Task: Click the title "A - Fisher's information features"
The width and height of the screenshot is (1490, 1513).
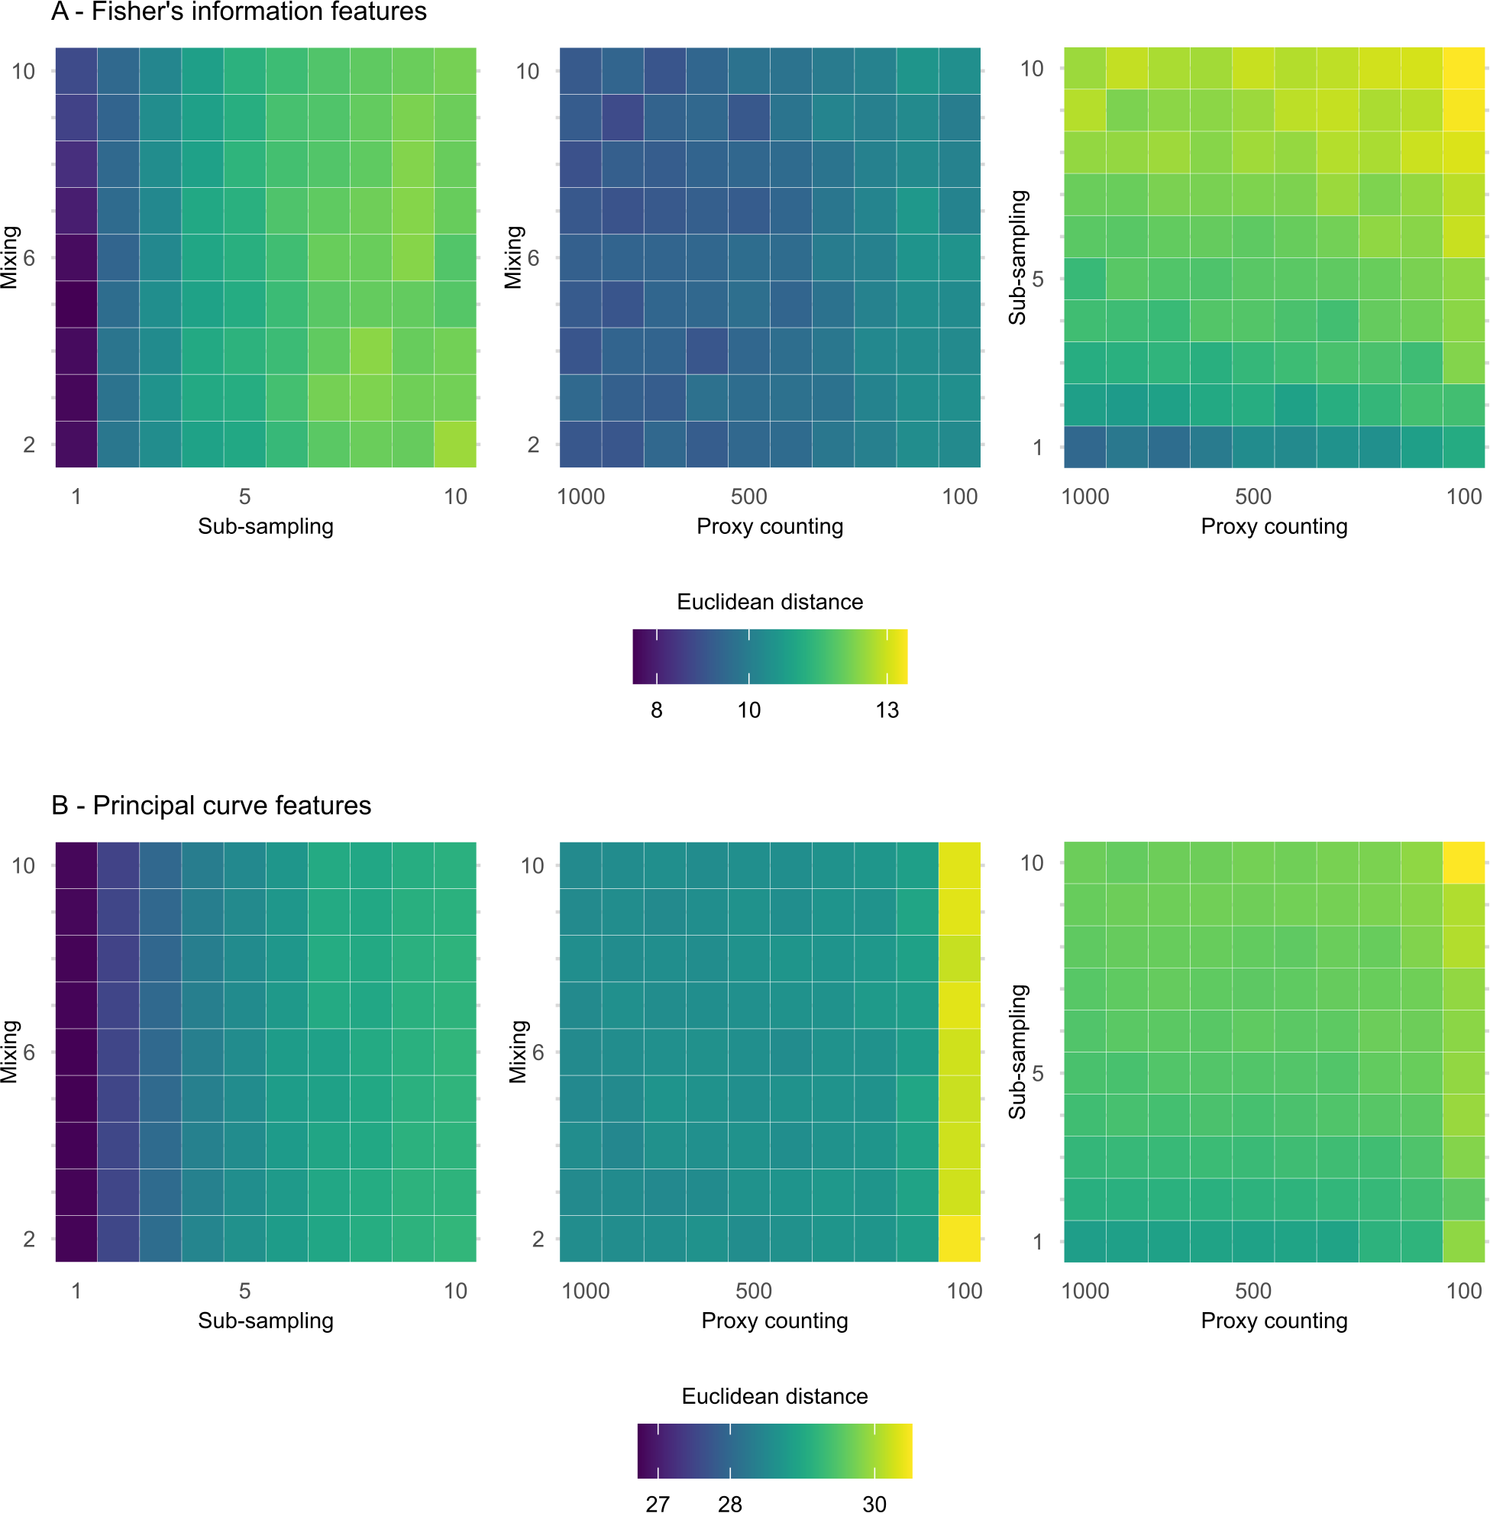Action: click(x=239, y=11)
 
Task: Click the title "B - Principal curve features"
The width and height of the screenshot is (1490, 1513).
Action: click(x=212, y=806)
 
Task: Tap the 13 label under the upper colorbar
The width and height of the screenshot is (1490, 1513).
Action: click(x=887, y=710)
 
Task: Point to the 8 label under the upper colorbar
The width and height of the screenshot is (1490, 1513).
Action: click(x=657, y=710)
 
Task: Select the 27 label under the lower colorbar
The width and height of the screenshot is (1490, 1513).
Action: click(x=658, y=1504)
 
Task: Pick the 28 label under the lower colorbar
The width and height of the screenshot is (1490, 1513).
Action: click(x=730, y=1504)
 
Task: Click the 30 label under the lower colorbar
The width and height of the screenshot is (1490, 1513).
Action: click(x=874, y=1504)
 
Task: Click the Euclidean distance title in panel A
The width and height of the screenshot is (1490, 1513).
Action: click(x=770, y=602)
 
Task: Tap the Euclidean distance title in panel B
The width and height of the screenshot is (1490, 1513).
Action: click(x=774, y=1395)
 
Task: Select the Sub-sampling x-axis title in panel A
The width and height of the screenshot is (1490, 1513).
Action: click(x=265, y=526)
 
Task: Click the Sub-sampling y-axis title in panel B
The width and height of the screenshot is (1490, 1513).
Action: click(x=1017, y=1051)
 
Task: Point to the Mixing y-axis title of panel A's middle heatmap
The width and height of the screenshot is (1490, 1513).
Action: click(x=513, y=257)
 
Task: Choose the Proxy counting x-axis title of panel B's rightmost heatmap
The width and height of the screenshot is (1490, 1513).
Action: click(x=1274, y=1321)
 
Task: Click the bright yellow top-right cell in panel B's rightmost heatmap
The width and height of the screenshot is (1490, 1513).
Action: click(x=1463, y=862)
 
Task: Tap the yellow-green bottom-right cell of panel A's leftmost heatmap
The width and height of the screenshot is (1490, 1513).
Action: click(x=454, y=445)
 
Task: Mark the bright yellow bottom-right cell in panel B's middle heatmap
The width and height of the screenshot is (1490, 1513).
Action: click(x=959, y=1238)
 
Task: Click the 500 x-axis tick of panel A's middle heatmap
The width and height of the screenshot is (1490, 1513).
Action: click(x=749, y=496)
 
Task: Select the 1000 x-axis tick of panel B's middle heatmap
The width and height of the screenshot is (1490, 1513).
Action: click(x=585, y=1291)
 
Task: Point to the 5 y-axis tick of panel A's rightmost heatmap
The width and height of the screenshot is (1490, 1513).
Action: click(x=1038, y=280)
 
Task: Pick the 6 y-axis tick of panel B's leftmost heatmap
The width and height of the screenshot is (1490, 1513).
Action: click(x=29, y=1052)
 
